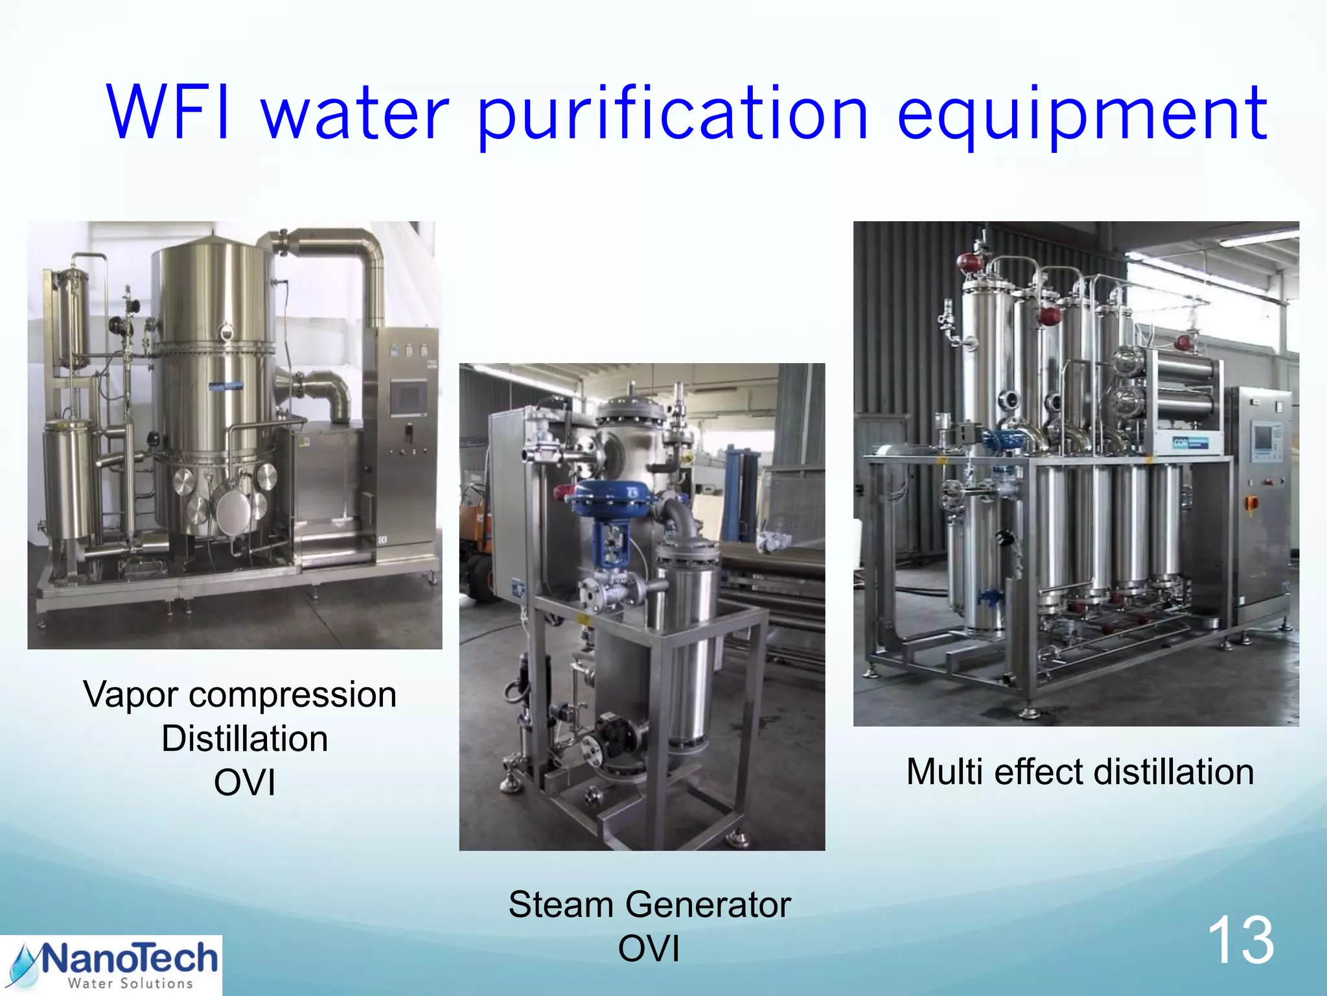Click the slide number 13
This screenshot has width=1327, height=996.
(1240, 940)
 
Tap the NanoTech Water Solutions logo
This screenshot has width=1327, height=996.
(111, 965)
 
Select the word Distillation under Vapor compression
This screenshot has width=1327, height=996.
(245, 739)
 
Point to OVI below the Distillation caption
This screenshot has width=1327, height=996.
(245, 783)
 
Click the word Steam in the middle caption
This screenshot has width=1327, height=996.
(561, 905)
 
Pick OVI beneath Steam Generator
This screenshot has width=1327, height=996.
(649, 949)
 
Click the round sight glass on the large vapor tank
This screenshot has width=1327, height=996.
(225, 332)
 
